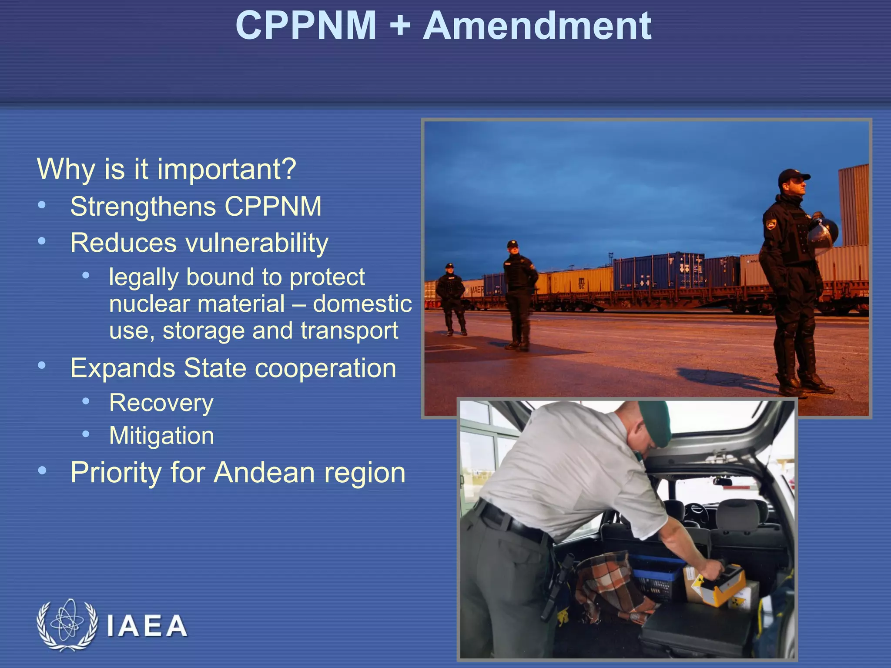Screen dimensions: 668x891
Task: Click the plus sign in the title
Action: pos(399,27)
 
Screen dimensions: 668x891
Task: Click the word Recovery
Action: pos(161,403)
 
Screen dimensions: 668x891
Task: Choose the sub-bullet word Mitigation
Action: pos(162,436)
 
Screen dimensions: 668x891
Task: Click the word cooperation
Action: pos(325,368)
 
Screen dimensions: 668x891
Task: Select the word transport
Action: pos(349,331)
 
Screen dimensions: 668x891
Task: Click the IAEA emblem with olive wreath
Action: pos(67,625)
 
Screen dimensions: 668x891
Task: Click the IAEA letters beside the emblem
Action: pos(147,626)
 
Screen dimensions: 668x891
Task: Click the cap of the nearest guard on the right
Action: pos(793,176)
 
